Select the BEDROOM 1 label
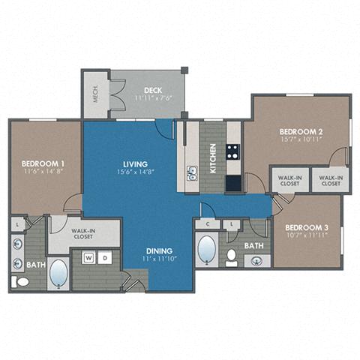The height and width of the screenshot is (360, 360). [40, 163]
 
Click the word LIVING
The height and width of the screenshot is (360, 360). [135, 163]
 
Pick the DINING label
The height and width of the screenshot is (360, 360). [160, 250]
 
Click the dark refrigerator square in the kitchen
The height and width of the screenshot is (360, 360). [233, 182]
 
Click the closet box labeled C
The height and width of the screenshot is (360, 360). [207, 224]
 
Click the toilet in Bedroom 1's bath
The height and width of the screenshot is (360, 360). [19, 281]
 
